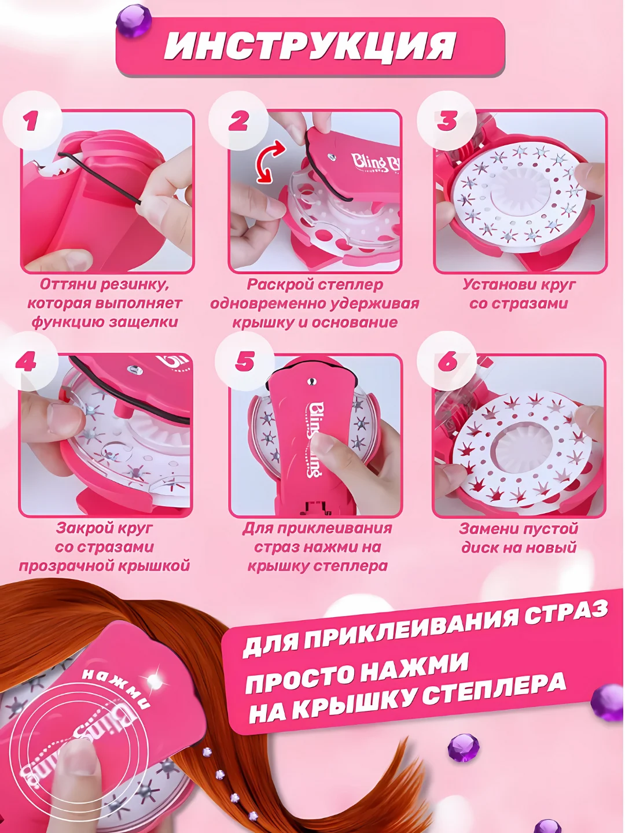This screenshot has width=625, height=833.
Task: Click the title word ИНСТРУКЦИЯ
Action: click(x=310, y=46)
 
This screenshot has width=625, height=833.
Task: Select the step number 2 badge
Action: click(x=238, y=121)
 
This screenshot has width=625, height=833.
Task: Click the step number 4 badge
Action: click(x=27, y=362)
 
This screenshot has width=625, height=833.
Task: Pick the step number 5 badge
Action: click(x=244, y=362)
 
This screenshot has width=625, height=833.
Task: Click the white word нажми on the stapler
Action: click(x=116, y=686)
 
